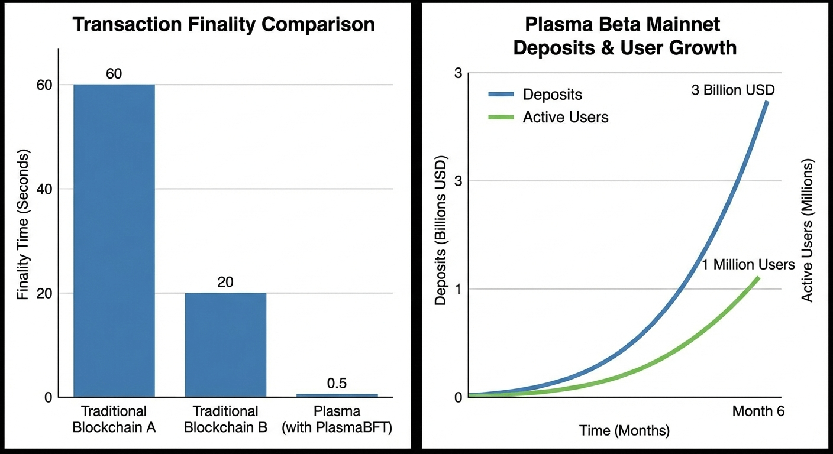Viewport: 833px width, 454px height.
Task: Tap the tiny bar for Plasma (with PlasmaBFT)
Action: click(337, 395)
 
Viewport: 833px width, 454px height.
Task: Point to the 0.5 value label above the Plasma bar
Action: click(337, 383)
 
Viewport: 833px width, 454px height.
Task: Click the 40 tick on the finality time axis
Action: click(47, 189)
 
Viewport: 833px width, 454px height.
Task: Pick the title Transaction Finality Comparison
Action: click(223, 25)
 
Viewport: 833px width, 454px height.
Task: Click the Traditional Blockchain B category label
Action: click(225, 419)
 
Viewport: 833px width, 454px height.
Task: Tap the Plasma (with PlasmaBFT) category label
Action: click(337, 419)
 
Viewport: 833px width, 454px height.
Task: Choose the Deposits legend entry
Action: click(552, 95)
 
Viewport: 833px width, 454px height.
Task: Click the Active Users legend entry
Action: click(565, 117)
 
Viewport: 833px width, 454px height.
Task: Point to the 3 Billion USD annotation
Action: click(732, 91)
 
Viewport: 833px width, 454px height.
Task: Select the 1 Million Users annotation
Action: click(748, 264)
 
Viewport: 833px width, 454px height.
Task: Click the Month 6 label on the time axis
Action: click(758, 411)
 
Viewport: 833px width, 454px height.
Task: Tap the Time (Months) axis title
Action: click(624, 430)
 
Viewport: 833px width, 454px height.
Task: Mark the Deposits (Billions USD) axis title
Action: click(441, 231)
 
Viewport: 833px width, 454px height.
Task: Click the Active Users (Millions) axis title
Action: click(808, 231)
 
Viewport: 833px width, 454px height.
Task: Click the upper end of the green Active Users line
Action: click(757, 277)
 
